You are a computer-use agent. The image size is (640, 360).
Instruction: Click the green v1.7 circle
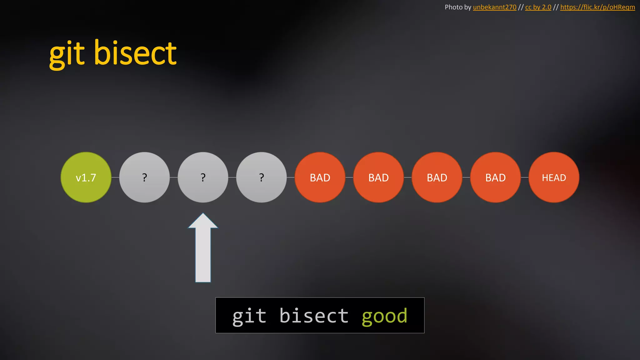[86, 177]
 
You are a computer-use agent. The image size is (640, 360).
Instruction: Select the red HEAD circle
[554, 177]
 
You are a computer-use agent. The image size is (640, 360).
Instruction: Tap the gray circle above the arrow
[203, 177]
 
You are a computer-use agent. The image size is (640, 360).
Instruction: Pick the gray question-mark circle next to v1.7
[144, 177]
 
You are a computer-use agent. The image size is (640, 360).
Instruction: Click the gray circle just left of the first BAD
[261, 177]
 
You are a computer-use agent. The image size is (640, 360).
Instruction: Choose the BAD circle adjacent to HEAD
[495, 177]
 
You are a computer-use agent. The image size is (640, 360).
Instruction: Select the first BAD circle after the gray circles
[320, 177]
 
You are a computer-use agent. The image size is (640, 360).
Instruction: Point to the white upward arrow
[203, 250]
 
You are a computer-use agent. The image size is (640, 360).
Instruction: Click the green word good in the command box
[384, 316]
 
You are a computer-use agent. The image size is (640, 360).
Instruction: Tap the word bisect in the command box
[313, 316]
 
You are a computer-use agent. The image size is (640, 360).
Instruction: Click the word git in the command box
[249, 316]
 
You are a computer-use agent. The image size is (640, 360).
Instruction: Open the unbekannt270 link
[494, 7]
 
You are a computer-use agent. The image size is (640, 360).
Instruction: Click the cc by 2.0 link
[538, 7]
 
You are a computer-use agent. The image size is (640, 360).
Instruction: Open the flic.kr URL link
[597, 7]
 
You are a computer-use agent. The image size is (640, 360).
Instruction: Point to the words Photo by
[458, 7]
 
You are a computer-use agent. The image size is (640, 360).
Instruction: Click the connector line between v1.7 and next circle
[115, 177]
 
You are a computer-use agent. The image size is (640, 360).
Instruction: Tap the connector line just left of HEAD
[525, 177]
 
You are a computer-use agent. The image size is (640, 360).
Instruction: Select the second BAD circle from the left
[378, 177]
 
